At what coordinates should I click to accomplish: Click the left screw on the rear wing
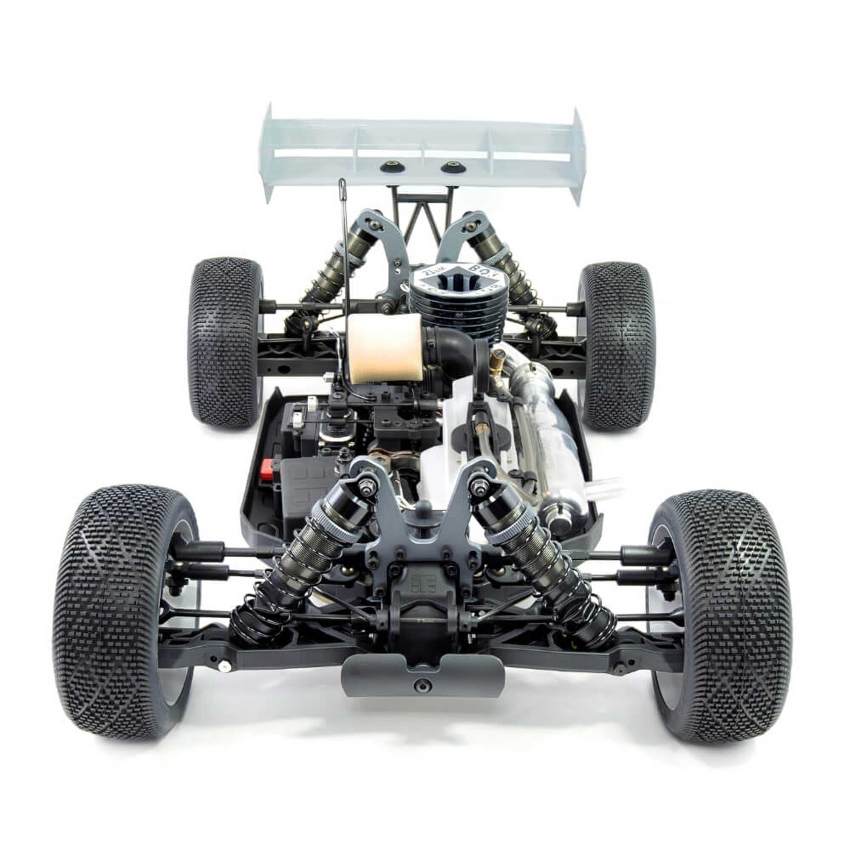coord(390,166)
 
